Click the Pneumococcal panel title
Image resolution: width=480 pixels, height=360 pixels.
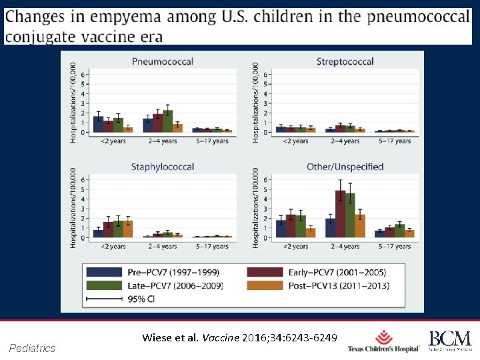pyautogui.click(x=163, y=61)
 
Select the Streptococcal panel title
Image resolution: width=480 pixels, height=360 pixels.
pyautogui.click(x=345, y=61)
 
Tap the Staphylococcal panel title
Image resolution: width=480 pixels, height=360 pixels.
pyautogui.click(x=163, y=167)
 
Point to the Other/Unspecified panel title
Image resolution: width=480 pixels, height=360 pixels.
pyautogui.click(x=345, y=167)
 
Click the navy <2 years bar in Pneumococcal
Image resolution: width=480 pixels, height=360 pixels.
pyautogui.click(x=98, y=124)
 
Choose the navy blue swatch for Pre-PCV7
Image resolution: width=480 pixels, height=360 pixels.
pyautogui.click(x=103, y=272)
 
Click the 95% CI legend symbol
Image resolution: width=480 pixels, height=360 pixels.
pyautogui.click(x=103, y=299)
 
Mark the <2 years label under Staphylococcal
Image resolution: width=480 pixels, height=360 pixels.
pyautogui.click(x=113, y=247)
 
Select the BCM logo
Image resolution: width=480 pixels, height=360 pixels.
pyautogui.click(x=449, y=341)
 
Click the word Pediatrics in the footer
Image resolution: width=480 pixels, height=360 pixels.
pyautogui.click(x=33, y=348)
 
